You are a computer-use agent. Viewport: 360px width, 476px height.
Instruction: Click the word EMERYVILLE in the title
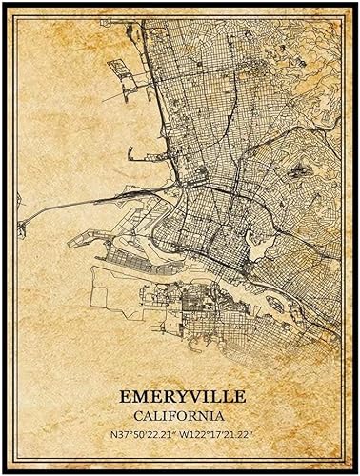click(x=179, y=393)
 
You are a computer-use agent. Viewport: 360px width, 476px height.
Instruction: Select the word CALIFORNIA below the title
click(x=179, y=415)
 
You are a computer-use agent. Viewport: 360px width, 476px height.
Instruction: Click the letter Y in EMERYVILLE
click(x=169, y=393)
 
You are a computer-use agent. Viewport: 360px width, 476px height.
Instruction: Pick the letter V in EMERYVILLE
click(x=184, y=393)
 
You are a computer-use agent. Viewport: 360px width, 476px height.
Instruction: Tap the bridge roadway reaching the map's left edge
click(x=48, y=204)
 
